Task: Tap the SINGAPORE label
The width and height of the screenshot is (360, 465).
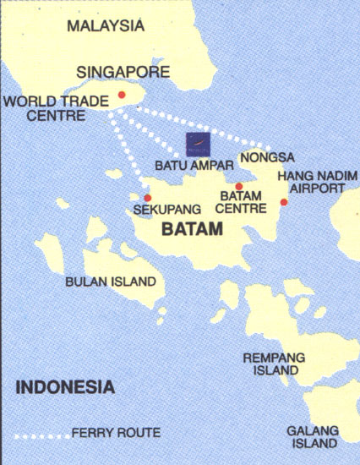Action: pos(123,71)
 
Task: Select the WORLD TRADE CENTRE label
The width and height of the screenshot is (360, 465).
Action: pos(55,108)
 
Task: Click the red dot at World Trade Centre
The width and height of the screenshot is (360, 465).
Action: pos(123,95)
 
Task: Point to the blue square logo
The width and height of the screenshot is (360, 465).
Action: pos(197,143)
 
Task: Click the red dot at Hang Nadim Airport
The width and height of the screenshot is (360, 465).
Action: pos(284,201)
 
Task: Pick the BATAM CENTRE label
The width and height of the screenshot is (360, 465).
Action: pos(241,203)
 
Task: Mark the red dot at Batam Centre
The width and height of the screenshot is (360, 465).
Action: pos(239,187)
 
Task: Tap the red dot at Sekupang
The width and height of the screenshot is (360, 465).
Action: pos(148,198)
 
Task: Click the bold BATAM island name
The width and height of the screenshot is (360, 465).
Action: pos(192,229)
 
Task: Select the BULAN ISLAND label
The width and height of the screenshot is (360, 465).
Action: pos(111,282)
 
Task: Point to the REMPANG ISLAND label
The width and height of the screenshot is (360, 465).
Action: pos(274,364)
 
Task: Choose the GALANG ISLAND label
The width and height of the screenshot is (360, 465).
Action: pos(312,435)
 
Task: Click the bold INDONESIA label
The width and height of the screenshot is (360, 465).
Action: pos(65,388)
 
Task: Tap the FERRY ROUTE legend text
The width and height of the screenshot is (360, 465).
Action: pos(116,433)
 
